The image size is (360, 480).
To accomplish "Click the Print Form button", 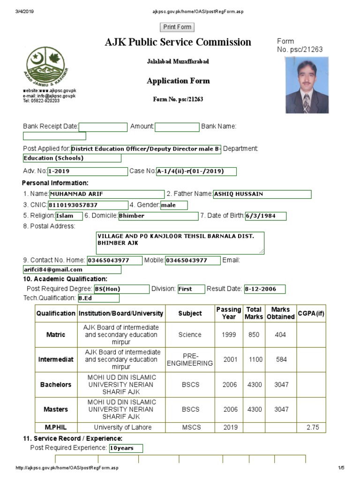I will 177,27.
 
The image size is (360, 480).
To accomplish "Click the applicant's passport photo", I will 307,85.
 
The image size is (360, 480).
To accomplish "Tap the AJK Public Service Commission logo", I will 47,66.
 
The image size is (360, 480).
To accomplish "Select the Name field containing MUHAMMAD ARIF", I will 106,194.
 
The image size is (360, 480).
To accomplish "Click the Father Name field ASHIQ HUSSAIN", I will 262,194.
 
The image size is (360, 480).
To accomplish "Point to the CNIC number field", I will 88,205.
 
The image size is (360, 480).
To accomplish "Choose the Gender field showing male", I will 173,205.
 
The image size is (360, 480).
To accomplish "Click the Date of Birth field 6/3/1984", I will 265,216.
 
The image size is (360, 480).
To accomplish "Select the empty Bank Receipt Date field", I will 103,127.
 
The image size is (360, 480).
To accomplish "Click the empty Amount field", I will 177,127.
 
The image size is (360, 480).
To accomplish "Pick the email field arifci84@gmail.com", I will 72,270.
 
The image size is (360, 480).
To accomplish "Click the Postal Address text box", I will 180,243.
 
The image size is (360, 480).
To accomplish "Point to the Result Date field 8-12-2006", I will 264,289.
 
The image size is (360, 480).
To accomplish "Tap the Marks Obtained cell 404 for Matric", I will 281,335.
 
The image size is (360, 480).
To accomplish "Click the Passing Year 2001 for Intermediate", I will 230,360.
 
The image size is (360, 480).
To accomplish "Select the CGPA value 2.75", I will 311,427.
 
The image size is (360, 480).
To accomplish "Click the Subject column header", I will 190,313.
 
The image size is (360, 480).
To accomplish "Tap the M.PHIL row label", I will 56,427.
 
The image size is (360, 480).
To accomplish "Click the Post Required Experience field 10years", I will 126,448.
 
